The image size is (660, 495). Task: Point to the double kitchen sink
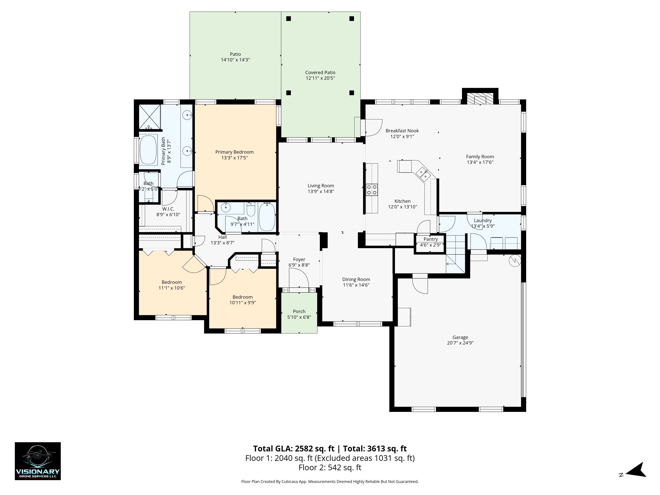423,174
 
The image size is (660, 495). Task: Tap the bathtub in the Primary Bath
148,150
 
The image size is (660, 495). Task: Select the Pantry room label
430,239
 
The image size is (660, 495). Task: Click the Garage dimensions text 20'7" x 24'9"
460,343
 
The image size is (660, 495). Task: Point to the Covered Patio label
320,72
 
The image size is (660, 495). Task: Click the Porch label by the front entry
299,311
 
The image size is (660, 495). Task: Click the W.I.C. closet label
168,209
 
